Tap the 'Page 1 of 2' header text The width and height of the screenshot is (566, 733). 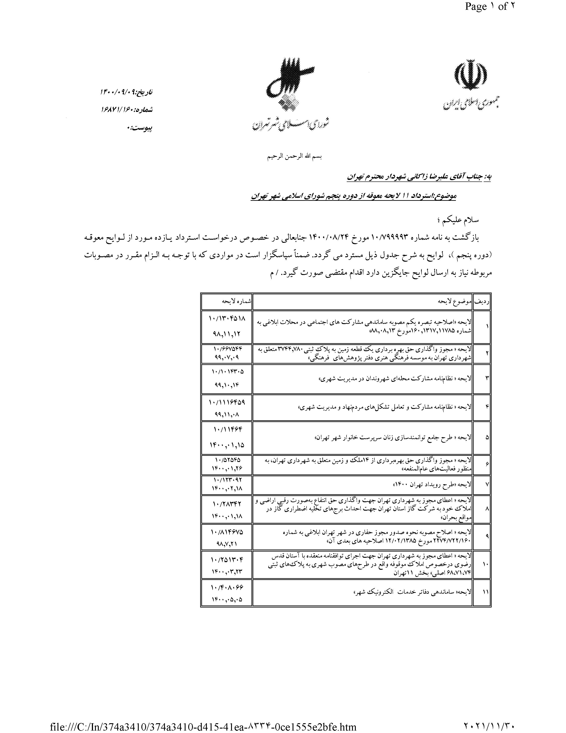(489, 7)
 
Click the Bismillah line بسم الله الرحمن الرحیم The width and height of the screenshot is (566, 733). (294, 156)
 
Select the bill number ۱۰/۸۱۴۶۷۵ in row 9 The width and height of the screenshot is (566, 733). (227, 532)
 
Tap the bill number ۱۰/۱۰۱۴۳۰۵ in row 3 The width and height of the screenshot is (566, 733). (227, 372)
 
